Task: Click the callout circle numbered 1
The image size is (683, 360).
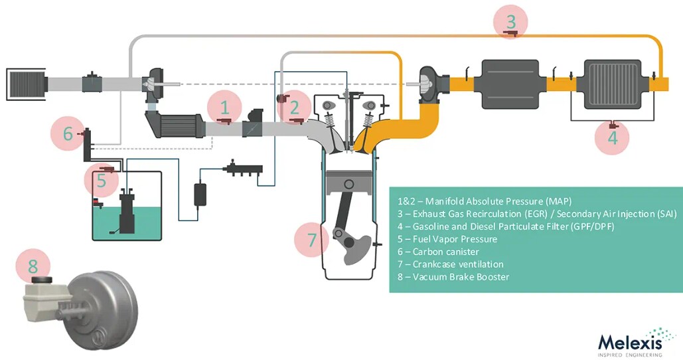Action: coord(224,107)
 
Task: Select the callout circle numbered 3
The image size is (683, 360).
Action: coord(510,22)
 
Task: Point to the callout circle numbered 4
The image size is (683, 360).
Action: coord(612,137)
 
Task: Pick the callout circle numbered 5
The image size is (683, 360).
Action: coord(101,179)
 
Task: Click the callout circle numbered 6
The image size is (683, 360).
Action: coord(68,134)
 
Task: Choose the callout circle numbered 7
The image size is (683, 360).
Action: coord(311,238)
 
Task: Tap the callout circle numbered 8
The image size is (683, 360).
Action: coord(33,268)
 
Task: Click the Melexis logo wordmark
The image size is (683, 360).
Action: coord(631,341)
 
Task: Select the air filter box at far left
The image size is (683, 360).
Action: coord(25,82)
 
